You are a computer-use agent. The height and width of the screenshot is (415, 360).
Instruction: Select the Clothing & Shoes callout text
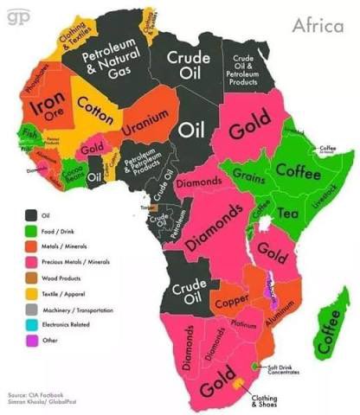pyautogui.click(x=264, y=401)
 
